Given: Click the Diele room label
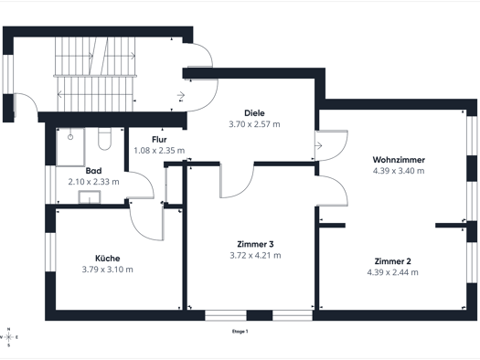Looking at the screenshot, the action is click(x=254, y=113).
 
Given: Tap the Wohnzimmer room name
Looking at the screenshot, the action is click(x=399, y=160).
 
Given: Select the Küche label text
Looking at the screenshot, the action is click(x=108, y=259).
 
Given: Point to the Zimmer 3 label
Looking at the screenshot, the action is click(x=255, y=244).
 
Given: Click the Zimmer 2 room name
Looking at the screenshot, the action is click(x=393, y=261).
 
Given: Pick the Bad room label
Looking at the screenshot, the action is click(x=93, y=171).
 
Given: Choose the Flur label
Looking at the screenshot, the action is click(x=159, y=140).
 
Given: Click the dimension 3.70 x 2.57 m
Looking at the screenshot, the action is click(x=254, y=124).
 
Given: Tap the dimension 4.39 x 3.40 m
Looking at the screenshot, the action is click(x=399, y=171).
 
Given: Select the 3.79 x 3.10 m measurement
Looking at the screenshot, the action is click(x=108, y=270).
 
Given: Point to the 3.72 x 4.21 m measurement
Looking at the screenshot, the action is click(x=255, y=255).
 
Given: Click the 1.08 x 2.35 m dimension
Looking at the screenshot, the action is click(x=159, y=151).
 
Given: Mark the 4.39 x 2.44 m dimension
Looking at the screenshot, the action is click(x=393, y=272).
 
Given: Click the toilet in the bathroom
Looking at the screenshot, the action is click(x=105, y=139).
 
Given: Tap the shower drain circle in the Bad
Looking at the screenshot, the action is click(x=70, y=137).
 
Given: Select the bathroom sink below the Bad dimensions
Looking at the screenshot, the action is click(x=90, y=197).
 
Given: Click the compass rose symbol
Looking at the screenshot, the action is click(x=8, y=337).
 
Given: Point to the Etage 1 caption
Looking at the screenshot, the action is click(x=240, y=332).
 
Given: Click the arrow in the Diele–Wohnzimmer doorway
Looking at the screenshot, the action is click(x=319, y=145).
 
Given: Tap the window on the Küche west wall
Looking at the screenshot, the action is click(x=50, y=252).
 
